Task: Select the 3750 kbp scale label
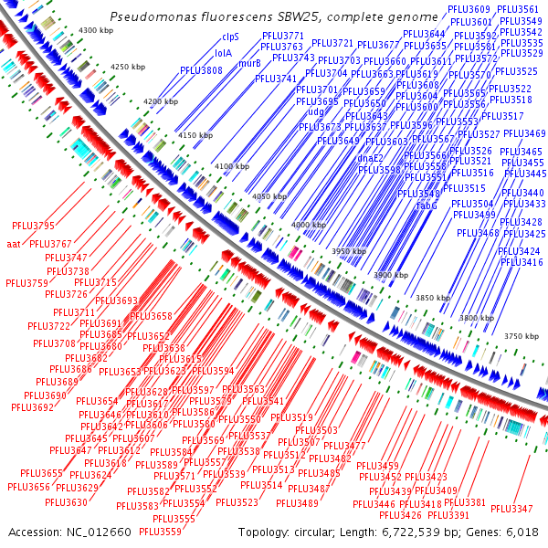click(x=522, y=336)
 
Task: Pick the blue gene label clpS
click(x=230, y=37)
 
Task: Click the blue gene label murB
click(x=249, y=64)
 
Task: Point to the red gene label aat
click(x=14, y=244)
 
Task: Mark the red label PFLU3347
click(x=511, y=509)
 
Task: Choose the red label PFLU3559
click(x=160, y=532)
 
